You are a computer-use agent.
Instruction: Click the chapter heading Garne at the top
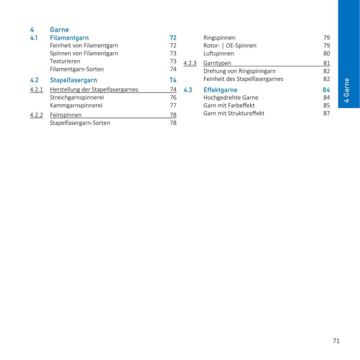point(59,29)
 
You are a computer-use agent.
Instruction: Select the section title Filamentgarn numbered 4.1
point(69,38)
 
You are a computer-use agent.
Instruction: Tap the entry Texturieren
point(65,61)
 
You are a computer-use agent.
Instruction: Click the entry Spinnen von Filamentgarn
point(84,53)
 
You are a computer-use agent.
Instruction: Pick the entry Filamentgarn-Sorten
point(77,69)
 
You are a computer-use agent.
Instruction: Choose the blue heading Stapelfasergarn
point(73,80)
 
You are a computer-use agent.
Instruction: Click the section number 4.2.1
point(36,89)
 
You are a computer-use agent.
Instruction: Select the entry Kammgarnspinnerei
point(76,105)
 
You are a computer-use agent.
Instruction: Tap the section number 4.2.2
point(36,115)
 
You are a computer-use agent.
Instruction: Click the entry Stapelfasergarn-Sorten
point(80,123)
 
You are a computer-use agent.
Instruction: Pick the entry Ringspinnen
point(220,38)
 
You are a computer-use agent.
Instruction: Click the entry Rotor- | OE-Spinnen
point(230,46)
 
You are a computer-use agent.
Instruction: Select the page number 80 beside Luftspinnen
point(326,53)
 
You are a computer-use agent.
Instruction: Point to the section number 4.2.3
point(190,63)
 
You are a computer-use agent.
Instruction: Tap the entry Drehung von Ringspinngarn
point(239,71)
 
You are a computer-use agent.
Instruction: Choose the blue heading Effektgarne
point(220,90)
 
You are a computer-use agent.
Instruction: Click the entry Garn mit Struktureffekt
point(233,113)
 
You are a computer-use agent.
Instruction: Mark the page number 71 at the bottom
point(336,341)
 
